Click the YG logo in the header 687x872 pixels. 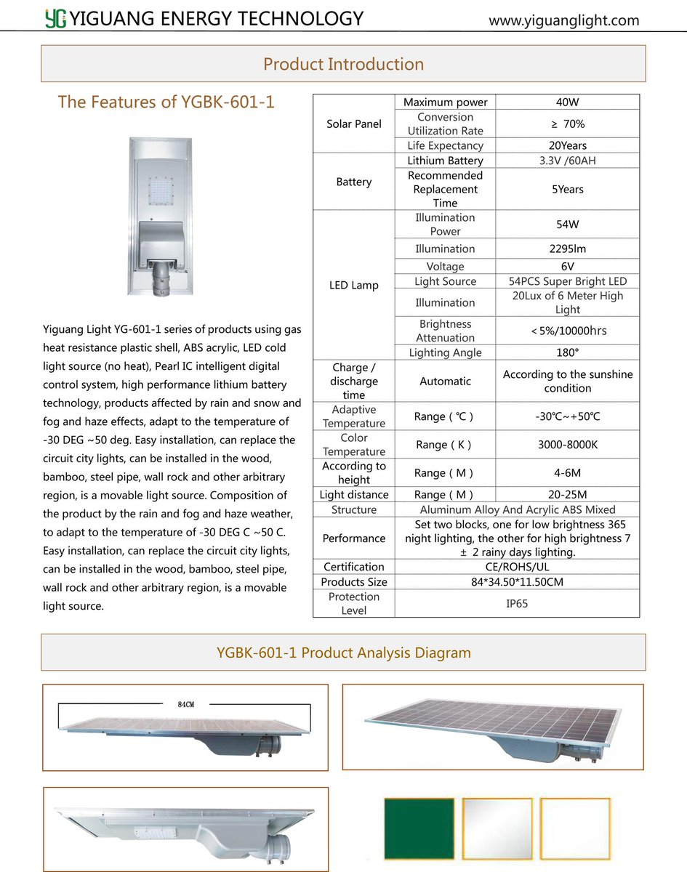(55, 18)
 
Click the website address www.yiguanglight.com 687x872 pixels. (563, 20)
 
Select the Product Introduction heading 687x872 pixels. (343, 64)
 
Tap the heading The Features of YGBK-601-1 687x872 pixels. (166, 102)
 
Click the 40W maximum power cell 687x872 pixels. (567, 102)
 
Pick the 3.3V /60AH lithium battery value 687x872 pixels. (567, 161)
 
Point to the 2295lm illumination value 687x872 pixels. (567, 249)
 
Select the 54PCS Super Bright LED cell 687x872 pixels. (567, 281)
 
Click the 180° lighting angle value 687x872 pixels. (567, 352)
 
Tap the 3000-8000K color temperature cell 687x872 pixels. (567, 444)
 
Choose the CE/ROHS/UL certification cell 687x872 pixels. (517, 567)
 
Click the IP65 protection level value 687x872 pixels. (517, 603)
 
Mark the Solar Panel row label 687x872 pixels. (354, 124)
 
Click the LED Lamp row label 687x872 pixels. (354, 285)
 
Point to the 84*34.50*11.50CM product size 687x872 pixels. (517, 582)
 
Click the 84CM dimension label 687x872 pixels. (185, 705)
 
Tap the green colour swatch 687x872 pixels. (419, 828)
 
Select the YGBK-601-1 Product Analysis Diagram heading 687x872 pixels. (343, 653)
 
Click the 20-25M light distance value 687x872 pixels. (567, 495)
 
